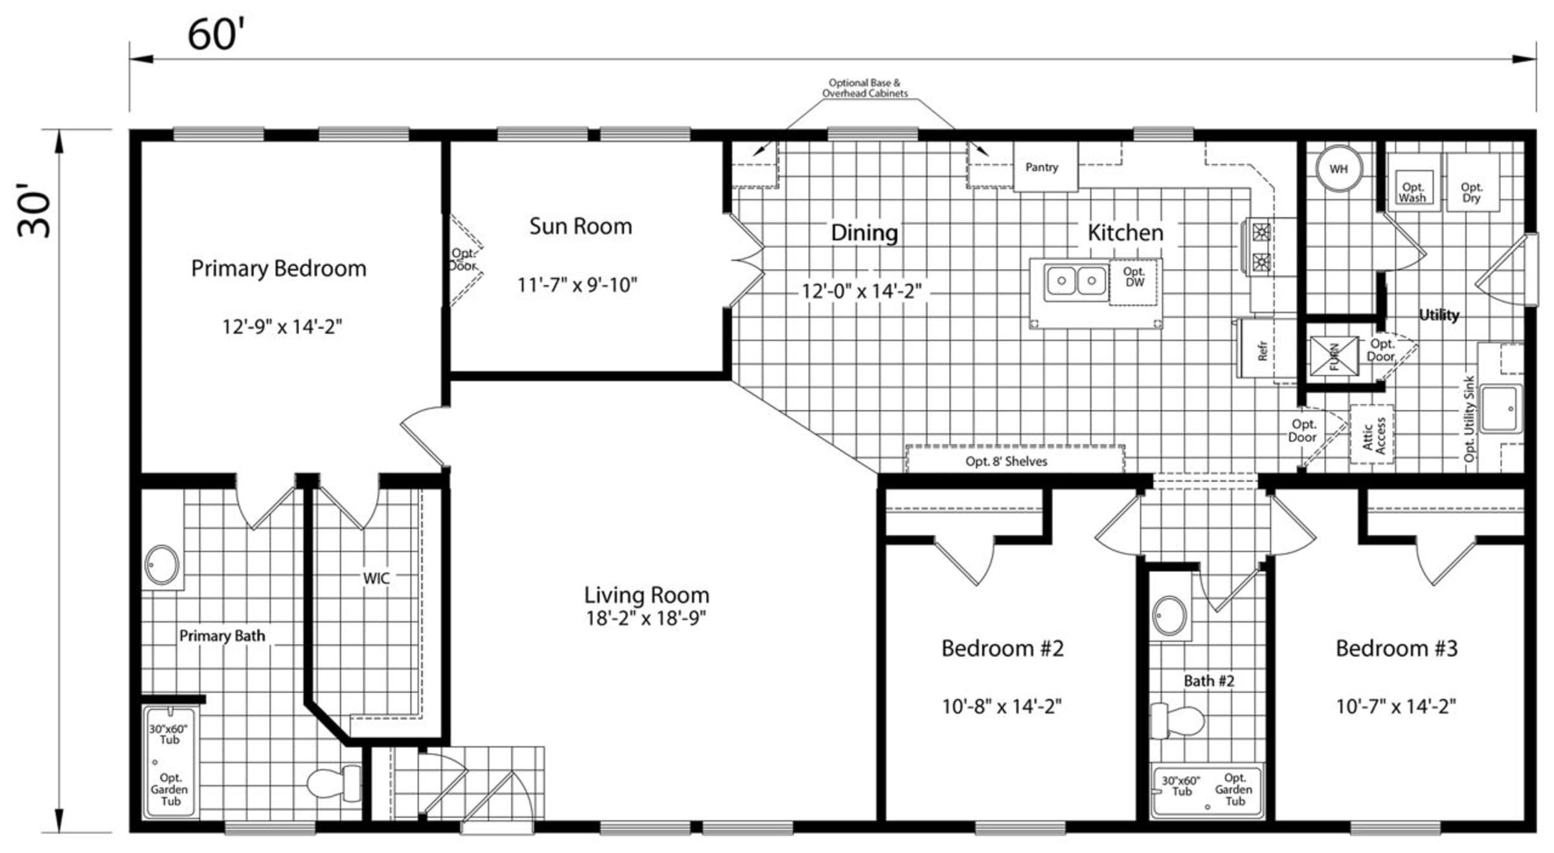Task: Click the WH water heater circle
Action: click(x=1339, y=168)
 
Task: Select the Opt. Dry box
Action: click(x=1472, y=182)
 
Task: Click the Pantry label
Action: click(x=1042, y=167)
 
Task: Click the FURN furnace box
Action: click(x=1334, y=356)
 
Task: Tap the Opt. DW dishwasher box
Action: click(x=1134, y=282)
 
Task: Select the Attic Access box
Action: click(x=1372, y=434)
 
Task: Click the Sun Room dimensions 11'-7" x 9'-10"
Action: click(x=577, y=285)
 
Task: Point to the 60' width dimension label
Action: click(x=216, y=34)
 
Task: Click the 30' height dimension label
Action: click(x=34, y=210)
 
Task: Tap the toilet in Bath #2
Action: click(x=1177, y=721)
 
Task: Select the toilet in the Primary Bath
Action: click(x=334, y=782)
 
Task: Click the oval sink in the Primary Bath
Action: click(x=162, y=564)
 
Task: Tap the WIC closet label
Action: click(x=376, y=578)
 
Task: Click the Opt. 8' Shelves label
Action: click(x=1006, y=461)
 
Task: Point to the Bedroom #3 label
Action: click(x=1397, y=648)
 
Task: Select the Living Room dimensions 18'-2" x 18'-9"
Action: click(x=646, y=618)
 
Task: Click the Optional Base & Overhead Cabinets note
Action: click(x=865, y=88)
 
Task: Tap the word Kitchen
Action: click(x=1125, y=232)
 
